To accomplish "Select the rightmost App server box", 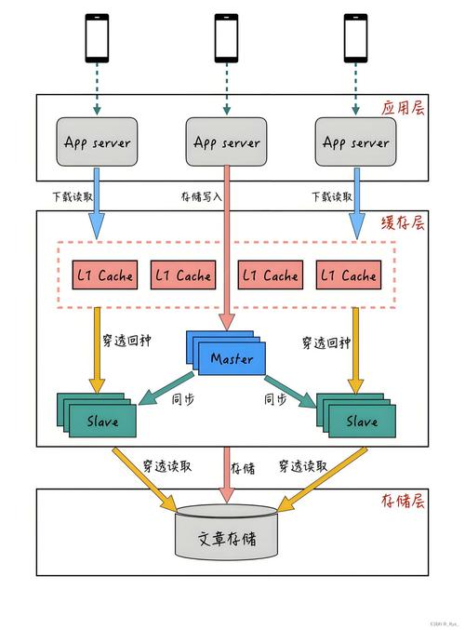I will pyautogui.click(x=355, y=142).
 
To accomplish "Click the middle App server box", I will pyautogui.click(x=226, y=142).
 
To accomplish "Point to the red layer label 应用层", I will pyautogui.click(x=402, y=109).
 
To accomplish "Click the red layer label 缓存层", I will pyautogui.click(x=402, y=223).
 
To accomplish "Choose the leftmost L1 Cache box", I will pyautogui.click(x=103, y=275).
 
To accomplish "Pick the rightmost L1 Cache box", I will pyautogui.click(x=346, y=275).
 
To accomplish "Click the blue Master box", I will pyautogui.click(x=231, y=357).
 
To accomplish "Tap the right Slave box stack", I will pyautogui.click(x=358, y=419).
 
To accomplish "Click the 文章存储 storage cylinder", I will pyautogui.click(x=226, y=538).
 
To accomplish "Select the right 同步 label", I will pyautogui.click(x=275, y=400).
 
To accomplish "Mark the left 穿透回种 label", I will pyautogui.click(x=146, y=342).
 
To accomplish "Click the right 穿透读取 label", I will pyautogui.click(x=303, y=465).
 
